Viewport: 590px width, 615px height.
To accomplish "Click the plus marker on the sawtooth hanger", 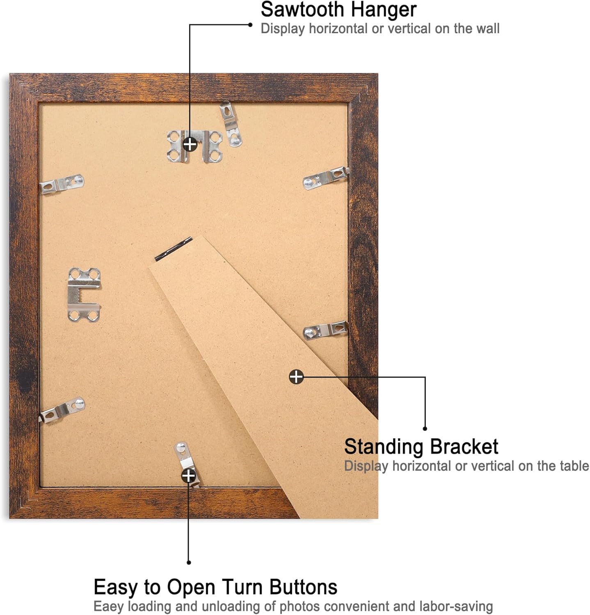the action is (x=190, y=144).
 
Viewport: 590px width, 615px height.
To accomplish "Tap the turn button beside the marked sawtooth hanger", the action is (x=231, y=124).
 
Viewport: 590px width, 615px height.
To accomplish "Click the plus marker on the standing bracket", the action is (x=296, y=376).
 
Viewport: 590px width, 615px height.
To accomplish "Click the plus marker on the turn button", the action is (x=188, y=476).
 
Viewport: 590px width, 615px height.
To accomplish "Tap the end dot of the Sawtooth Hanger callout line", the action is (x=250, y=25).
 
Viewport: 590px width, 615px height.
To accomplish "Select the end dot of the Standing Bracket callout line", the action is (x=425, y=429).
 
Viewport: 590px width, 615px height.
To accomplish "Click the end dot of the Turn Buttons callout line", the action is (x=189, y=563).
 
